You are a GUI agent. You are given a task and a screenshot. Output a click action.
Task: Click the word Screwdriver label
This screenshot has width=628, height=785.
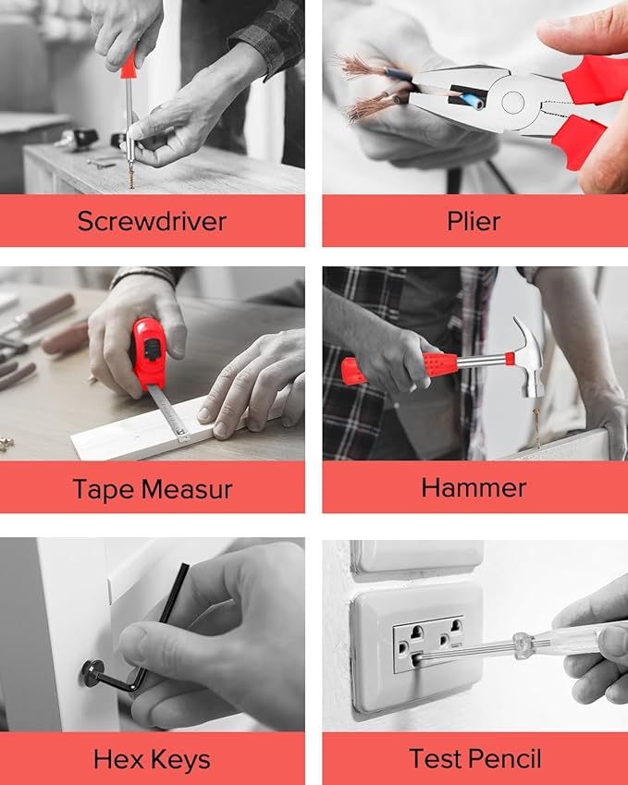coord(152,221)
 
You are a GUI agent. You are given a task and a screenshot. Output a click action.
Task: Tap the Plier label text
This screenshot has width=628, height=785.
coord(474,221)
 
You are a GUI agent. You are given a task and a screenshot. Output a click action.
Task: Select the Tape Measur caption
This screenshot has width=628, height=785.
coord(152,488)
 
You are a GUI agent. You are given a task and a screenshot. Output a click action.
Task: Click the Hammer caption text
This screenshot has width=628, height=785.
coord(474,487)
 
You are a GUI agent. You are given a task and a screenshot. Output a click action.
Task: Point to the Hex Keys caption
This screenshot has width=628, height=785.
coord(152,760)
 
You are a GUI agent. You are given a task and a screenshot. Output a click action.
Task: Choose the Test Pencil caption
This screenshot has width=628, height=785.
coord(474,759)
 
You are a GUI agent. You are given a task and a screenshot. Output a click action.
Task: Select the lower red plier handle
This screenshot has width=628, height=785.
coord(579,140)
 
